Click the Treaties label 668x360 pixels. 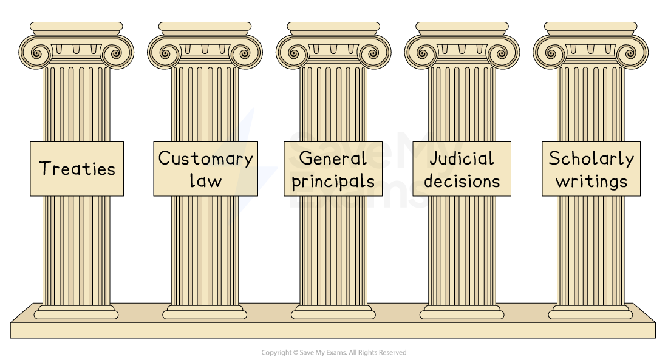[x=77, y=168]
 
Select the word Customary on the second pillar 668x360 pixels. [x=205, y=158]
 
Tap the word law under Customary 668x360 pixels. [x=205, y=180]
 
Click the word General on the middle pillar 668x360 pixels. [x=333, y=158]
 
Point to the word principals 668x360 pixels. [x=333, y=182]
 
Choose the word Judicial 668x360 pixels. [x=462, y=158]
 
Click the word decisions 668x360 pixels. [x=462, y=181]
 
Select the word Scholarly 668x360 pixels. [x=591, y=158]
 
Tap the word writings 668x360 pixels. [x=591, y=182]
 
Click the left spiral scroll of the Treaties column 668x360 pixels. [x=36, y=53]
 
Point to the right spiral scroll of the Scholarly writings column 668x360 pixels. [x=631, y=53]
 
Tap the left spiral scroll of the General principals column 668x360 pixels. [x=294, y=53]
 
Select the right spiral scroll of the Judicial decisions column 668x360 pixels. [x=502, y=53]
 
